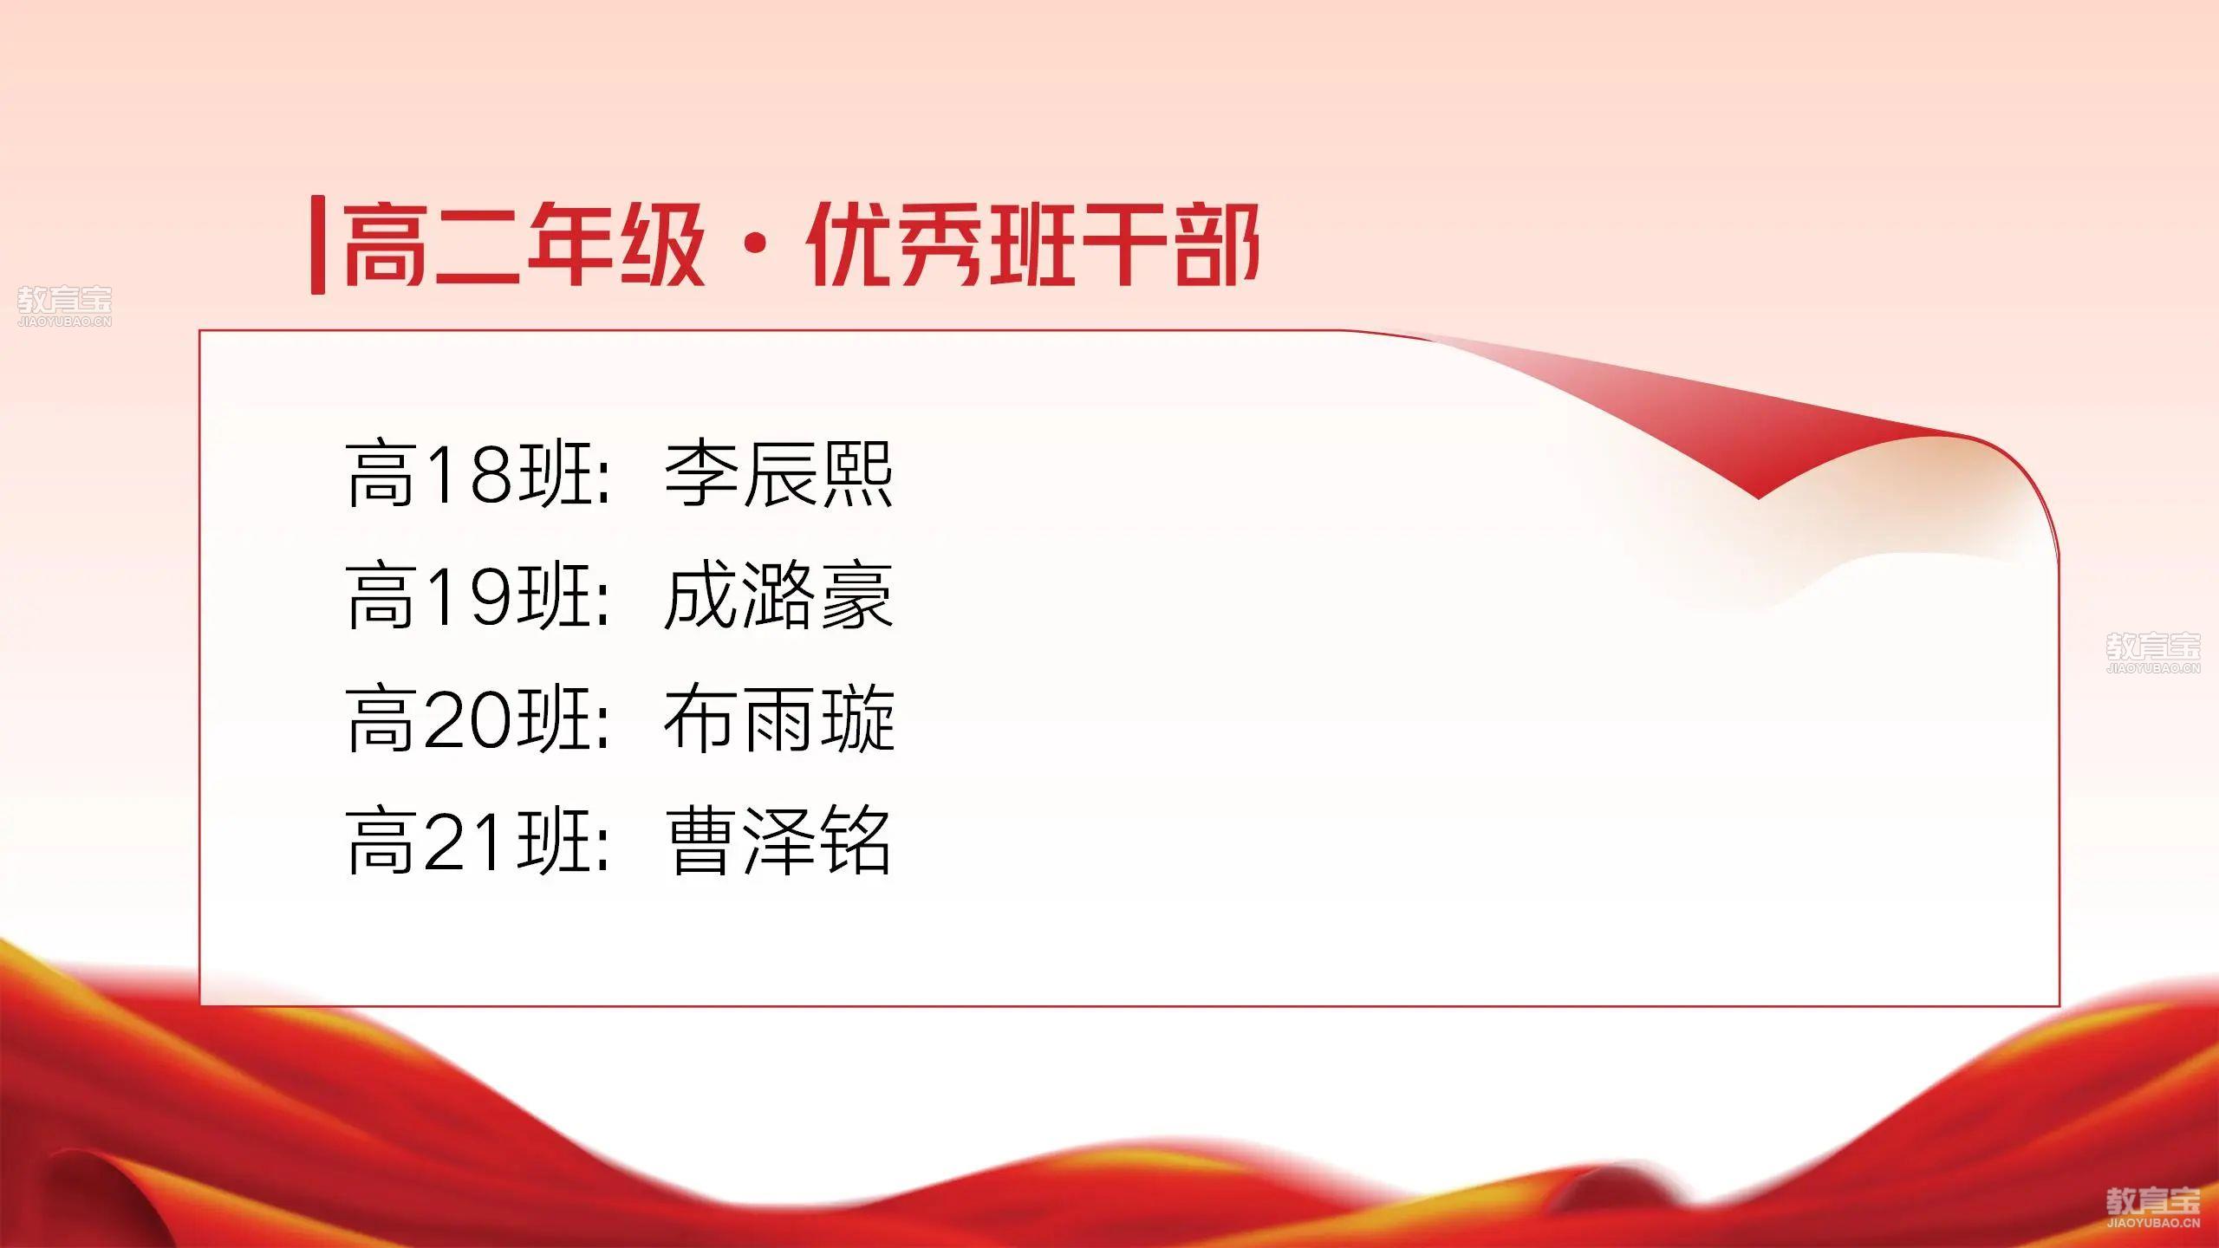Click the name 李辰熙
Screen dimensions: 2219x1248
pos(778,474)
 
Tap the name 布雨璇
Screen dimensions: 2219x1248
pos(778,719)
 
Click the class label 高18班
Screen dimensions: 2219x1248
pos(471,474)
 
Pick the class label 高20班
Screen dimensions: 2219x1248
pos(471,719)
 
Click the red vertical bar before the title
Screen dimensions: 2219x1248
pos(318,245)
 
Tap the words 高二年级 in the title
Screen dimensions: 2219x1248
pos(524,244)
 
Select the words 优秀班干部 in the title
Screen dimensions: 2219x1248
pos(1032,244)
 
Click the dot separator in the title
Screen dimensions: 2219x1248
pos(755,245)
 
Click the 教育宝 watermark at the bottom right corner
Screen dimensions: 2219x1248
pos(2153,1208)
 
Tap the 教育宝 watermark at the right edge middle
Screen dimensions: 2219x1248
pos(2153,653)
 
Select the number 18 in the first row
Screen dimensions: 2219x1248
pos(469,475)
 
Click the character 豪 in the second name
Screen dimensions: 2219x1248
pos(856,597)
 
